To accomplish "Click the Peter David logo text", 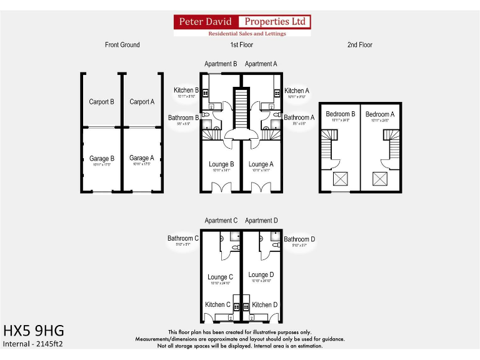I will [x=206, y=22].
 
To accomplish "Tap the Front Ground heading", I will [x=122, y=45].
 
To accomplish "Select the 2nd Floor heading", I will [x=359, y=45].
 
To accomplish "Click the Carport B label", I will [x=101, y=102].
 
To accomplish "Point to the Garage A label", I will [x=142, y=158].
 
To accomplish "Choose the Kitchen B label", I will [x=186, y=91].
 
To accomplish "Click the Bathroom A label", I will [x=299, y=117].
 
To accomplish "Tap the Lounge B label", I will [x=221, y=164].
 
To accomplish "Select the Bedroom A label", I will [x=380, y=114].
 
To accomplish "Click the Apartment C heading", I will [x=221, y=221].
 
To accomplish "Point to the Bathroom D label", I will [x=299, y=239].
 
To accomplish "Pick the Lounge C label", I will [x=221, y=277].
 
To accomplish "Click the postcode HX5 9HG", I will [x=34, y=330].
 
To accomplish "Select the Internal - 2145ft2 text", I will [x=33, y=344].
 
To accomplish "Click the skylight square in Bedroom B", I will [x=340, y=179].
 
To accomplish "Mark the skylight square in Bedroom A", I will [x=380, y=179].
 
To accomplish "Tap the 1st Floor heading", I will [x=241, y=45].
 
